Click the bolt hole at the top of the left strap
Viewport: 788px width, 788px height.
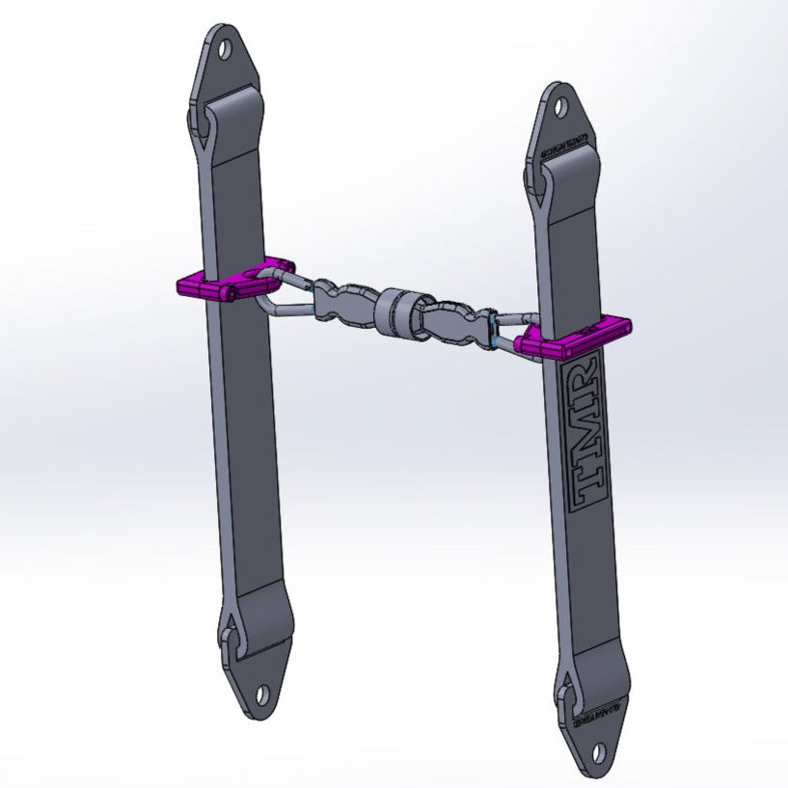pos(226,45)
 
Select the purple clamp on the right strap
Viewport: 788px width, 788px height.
pos(574,337)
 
